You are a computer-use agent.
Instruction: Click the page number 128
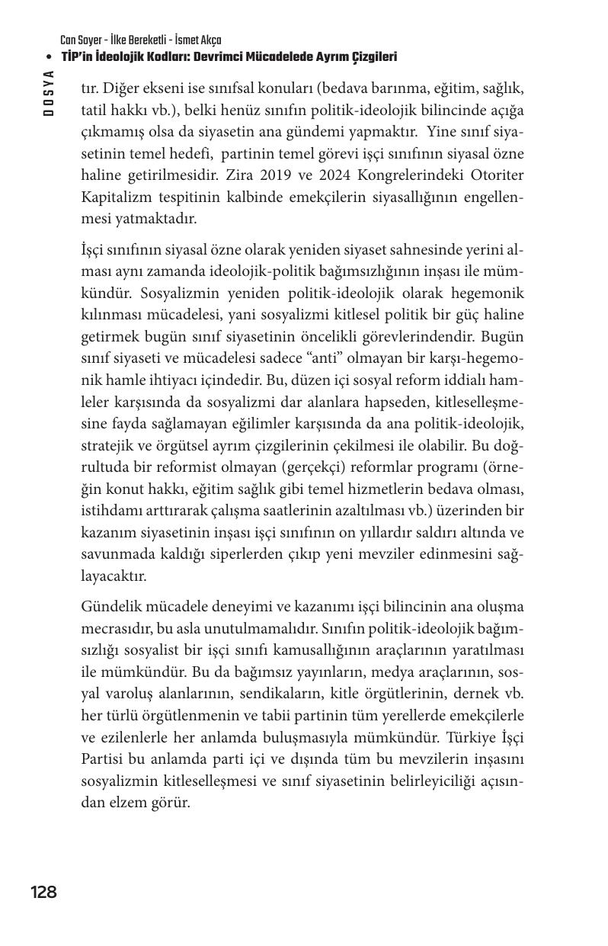pyautogui.click(x=43, y=893)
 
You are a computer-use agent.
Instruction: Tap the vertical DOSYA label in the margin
pyautogui.click(x=49, y=92)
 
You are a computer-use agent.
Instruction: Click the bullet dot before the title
pyautogui.click(x=50, y=57)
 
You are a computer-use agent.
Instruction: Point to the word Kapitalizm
pyautogui.click(x=113, y=197)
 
